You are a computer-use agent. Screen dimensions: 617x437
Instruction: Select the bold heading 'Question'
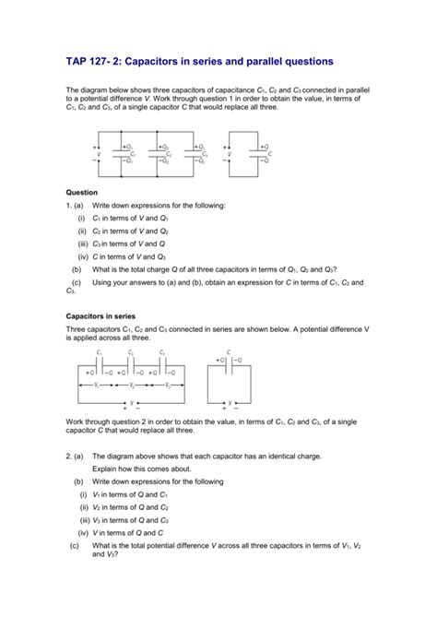(84, 192)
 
